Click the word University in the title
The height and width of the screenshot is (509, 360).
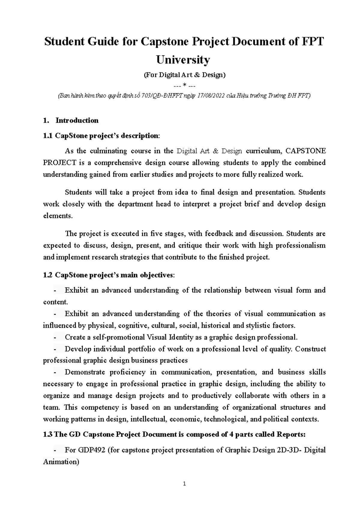tap(183, 60)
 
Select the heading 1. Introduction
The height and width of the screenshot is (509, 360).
tap(71, 121)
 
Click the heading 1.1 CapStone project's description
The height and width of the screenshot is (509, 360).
tap(102, 136)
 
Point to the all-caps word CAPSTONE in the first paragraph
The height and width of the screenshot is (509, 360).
tap(306, 151)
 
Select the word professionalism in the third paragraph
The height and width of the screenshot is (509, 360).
tap(301, 246)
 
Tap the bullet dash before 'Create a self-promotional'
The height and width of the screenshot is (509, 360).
tap(55, 338)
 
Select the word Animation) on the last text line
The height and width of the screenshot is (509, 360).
tap(61, 462)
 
